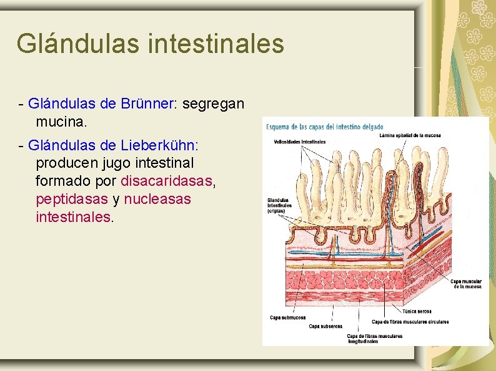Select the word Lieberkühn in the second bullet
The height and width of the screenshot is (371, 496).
156,145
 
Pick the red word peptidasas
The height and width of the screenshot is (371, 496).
72,200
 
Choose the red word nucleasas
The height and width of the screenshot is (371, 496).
157,200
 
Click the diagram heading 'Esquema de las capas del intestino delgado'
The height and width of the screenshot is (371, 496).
325,127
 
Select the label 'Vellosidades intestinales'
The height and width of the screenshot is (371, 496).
299,142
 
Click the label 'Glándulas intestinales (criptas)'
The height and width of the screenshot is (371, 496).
280,205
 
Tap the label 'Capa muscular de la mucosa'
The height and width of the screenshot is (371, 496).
467,284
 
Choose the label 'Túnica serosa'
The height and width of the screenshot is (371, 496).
417,312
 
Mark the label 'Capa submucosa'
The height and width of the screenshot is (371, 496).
288,317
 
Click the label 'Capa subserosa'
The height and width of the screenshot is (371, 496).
325,326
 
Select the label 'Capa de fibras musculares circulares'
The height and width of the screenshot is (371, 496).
410,322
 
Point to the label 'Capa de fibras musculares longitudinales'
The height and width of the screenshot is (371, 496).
374,339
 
